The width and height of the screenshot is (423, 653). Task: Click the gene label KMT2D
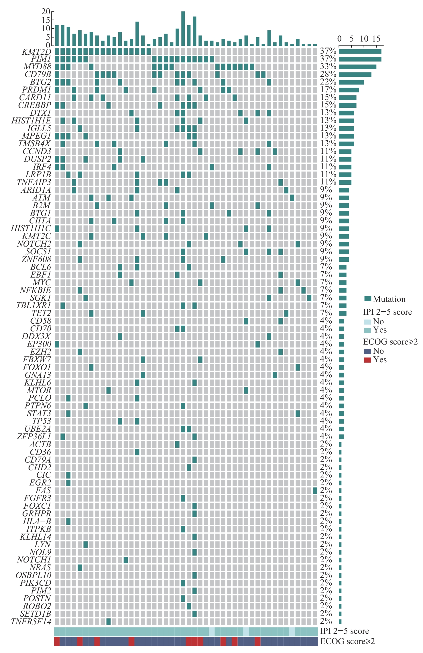(36, 52)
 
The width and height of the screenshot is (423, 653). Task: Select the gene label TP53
(42, 421)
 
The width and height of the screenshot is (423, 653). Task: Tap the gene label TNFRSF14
(31, 621)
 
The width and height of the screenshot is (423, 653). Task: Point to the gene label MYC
(42, 282)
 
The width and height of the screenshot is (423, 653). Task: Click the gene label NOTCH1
(34, 560)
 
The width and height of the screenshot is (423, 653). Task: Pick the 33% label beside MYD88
(328, 67)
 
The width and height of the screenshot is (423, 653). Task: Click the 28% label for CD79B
(328, 74)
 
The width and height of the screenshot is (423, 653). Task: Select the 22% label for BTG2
(328, 82)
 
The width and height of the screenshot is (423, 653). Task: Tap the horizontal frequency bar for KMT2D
(360, 52)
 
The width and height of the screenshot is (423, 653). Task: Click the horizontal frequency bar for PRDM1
(349, 90)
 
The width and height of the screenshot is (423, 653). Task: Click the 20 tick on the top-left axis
(46, 11)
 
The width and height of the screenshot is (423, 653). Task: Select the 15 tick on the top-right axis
(376, 39)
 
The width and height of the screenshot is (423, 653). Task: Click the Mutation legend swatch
(368, 299)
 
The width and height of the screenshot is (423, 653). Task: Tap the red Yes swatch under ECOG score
(367, 360)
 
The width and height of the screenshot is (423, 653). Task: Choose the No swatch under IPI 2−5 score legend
(367, 322)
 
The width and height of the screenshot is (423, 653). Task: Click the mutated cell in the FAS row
(315, 491)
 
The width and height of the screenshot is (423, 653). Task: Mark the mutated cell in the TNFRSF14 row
(109, 621)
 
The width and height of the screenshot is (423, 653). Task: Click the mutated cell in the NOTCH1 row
(126, 560)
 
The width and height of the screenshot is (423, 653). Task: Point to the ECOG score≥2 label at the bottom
(347, 642)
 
